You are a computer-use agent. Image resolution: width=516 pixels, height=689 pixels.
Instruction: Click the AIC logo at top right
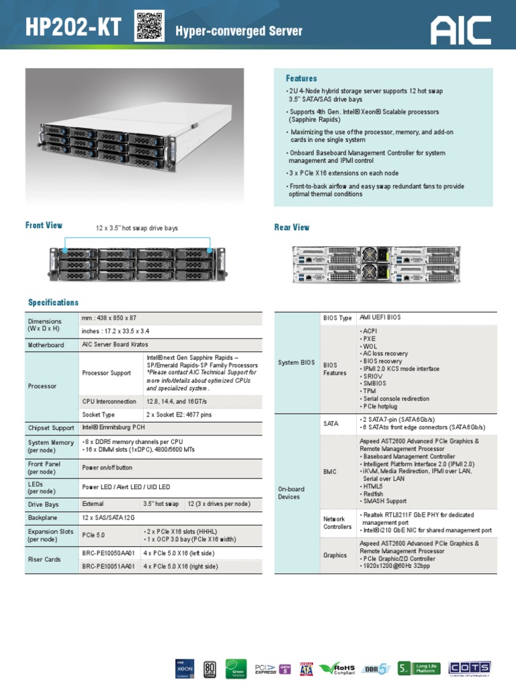(462, 29)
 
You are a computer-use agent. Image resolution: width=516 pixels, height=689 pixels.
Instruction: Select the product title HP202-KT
(73, 28)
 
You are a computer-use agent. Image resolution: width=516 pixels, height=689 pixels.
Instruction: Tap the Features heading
(301, 79)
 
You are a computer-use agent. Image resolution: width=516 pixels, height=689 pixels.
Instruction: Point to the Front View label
(44, 225)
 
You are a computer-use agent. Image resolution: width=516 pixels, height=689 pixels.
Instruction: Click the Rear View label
(292, 227)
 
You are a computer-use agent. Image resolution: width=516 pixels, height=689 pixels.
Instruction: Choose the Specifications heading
(53, 303)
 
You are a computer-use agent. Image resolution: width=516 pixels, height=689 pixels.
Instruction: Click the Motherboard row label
(46, 345)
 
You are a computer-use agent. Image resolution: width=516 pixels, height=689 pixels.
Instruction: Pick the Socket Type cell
(98, 414)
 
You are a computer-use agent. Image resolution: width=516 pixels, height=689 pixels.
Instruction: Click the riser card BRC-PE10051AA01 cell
(109, 567)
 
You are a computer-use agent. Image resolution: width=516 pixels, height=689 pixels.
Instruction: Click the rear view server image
(380, 263)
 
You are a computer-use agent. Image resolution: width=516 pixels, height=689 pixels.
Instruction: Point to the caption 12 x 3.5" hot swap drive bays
(137, 229)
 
